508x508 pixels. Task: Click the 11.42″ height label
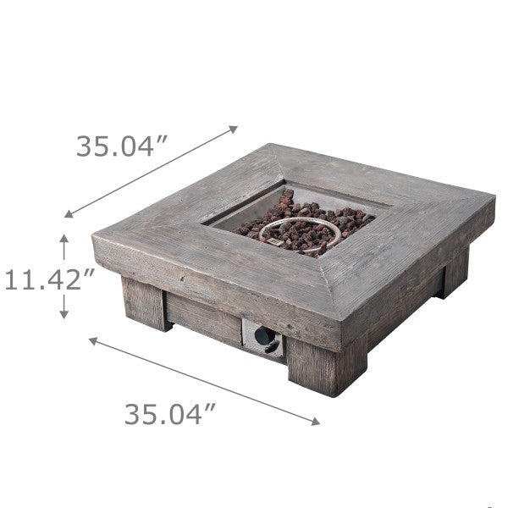click(x=47, y=279)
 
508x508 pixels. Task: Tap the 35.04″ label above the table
click(x=119, y=146)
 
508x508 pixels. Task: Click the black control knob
click(x=265, y=338)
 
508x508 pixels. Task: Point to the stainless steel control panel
click(x=263, y=339)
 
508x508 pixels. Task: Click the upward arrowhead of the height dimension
click(x=63, y=240)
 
